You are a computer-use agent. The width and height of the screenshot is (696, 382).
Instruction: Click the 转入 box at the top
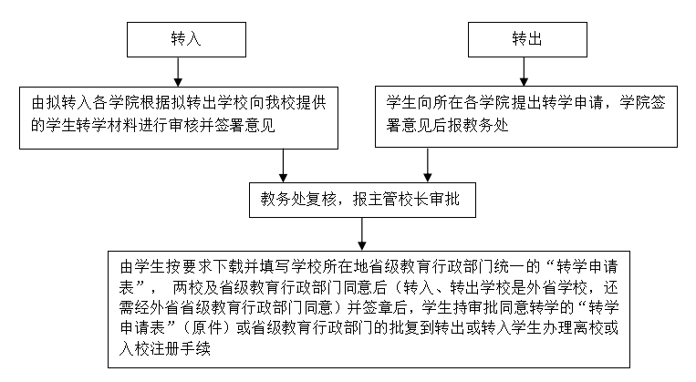coord(178,41)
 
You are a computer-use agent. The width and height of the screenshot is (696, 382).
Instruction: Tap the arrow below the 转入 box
coord(178,71)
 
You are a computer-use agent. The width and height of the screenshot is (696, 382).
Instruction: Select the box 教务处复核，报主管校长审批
coord(361,201)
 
